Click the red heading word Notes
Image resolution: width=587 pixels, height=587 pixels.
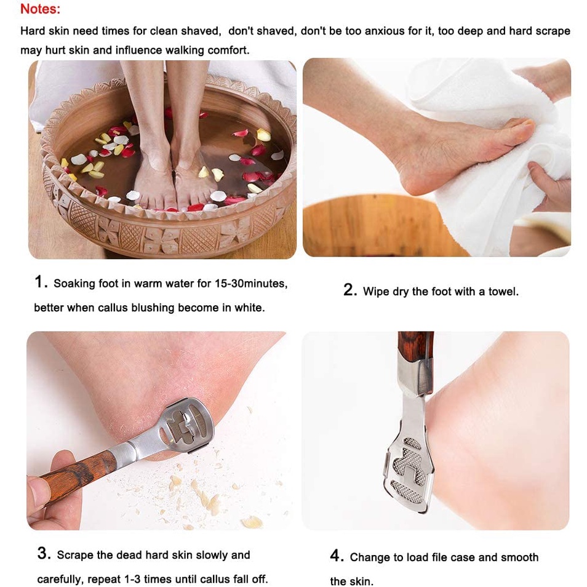tap(40, 9)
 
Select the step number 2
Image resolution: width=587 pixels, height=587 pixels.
tap(350, 290)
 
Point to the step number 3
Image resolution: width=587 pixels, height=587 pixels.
tap(44, 553)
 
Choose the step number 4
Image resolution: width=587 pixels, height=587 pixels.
tap(337, 556)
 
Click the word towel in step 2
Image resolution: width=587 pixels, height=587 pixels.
tap(503, 291)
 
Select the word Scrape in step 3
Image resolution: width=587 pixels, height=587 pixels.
tap(75, 555)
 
